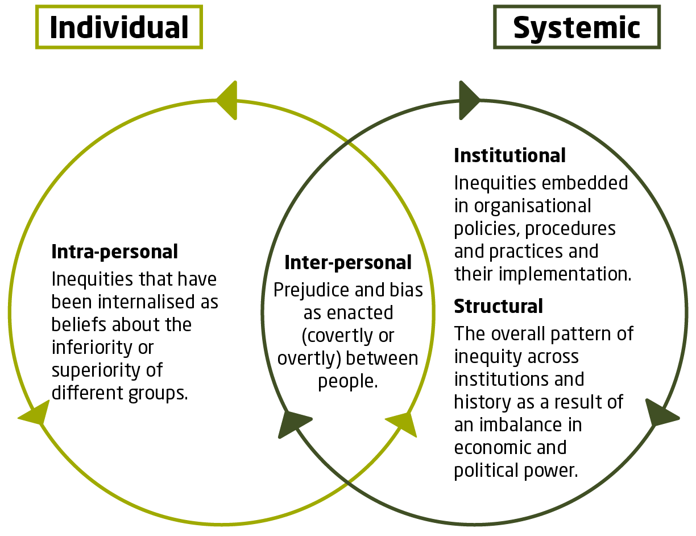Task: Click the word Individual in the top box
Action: point(119,27)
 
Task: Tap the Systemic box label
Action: point(577,27)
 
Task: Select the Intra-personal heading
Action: point(114,251)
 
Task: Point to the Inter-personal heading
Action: point(348,262)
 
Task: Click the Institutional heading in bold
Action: point(509,155)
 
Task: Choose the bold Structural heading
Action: point(498,306)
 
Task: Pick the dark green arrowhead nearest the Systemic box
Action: point(469,101)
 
